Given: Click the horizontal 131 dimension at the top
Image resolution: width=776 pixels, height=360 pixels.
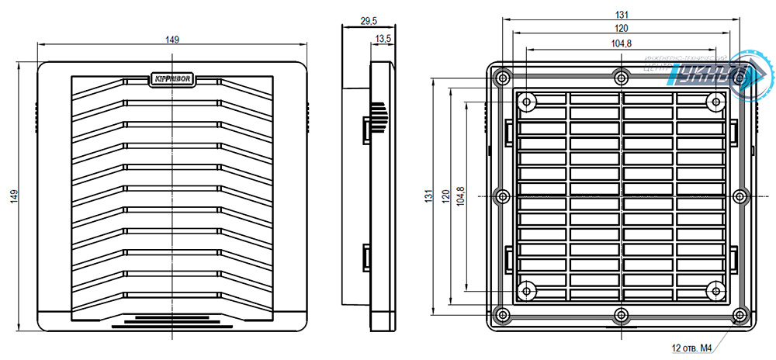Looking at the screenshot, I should (x=621, y=14).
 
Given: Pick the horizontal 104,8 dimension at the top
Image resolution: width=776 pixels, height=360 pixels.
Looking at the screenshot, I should (x=621, y=43).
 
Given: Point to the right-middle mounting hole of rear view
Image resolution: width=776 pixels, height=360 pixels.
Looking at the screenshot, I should (x=740, y=196).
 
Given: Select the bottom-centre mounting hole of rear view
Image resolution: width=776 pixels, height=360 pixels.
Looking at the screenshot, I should (x=621, y=314).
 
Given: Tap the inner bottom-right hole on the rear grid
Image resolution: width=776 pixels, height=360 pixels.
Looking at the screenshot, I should (x=715, y=290).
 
